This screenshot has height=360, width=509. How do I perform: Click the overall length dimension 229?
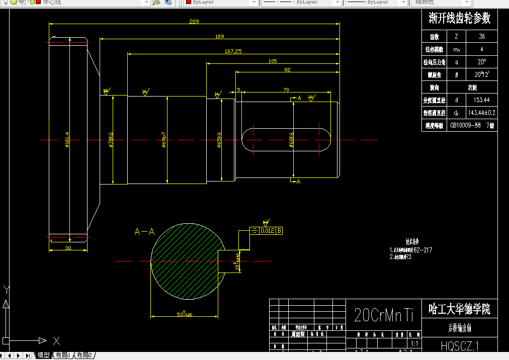(x=194, y=22)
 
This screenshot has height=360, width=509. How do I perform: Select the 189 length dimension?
(x=219, y=36)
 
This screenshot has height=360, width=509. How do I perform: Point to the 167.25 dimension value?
(x=233, y=51)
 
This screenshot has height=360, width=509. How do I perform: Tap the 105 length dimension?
(x=273, y=61)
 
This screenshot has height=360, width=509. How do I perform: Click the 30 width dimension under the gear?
(x=68, y=248)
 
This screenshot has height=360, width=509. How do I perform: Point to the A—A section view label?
(x=144, y=232)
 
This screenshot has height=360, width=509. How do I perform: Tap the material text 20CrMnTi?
(x=383, y=315)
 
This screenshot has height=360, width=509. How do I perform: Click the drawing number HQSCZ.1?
(x=460, y=346)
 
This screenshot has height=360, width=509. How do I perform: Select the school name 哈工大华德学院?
(x=459, y=309)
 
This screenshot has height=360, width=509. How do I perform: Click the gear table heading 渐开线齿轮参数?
(x=459, y=19)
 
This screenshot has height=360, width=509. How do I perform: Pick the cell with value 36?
(x=481, y=37)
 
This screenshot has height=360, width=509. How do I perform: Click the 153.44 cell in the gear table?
(x=481, y=100)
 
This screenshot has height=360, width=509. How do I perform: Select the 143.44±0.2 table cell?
(x=481, y=113)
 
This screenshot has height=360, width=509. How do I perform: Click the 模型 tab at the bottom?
(x=44, y=355)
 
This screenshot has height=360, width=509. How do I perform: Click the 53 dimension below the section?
(x=184, y=314)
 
